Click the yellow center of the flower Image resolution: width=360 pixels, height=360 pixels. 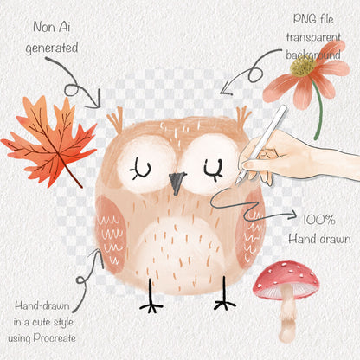click(303, 66)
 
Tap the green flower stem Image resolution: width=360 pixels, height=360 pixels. click(318, 110)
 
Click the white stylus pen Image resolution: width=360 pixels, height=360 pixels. click(261, 145)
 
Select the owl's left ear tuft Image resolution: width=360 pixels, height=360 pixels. click(115, 119)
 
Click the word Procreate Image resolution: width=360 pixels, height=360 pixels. click(55, 338)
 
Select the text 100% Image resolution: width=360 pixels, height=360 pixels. click(319, 221)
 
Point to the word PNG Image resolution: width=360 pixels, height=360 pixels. click(303, 19)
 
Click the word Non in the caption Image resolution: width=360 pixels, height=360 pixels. click(43, 27)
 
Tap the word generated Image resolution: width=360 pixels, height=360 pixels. click(52, 48)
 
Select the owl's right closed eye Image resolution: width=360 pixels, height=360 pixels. click(214, 170)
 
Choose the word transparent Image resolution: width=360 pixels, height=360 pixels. click(313, 37)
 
